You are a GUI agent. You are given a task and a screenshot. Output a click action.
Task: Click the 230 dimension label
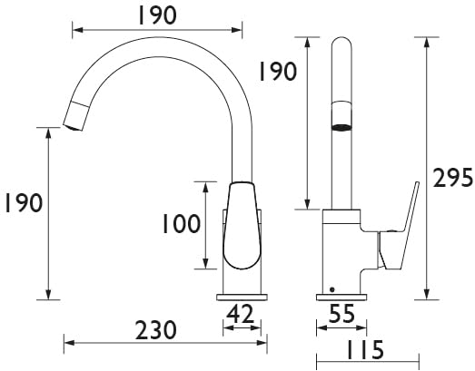[x=155, y=330]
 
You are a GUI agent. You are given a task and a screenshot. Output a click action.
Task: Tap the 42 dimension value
[x=240, y=314]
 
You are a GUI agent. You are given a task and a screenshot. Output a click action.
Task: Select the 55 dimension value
[x=341, y=314]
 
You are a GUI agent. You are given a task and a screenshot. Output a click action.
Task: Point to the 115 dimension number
[x=365, y=350]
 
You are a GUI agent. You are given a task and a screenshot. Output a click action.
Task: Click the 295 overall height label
[x=453, y=178]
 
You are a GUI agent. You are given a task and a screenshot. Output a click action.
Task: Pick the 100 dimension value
[x=182, y=224]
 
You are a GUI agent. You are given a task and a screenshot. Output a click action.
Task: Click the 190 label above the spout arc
[x=157, y=15]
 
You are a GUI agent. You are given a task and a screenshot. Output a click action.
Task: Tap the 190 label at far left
[x=24, y=202]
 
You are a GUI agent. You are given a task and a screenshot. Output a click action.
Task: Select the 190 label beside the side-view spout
[x=277, y=72]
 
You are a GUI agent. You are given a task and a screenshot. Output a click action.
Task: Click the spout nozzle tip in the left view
[x=73, y=127]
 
